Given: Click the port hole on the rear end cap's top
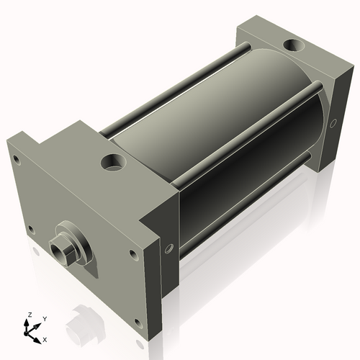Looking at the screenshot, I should tap(294, 47).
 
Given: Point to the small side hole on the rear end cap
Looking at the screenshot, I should tap(333, 123).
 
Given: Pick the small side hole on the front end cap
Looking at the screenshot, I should tap(169, 249).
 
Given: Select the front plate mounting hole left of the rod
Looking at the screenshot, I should tap(30, 230).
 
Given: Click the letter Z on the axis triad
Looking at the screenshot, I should tap(30, 315).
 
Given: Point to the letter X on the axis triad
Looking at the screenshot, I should tap(45, 338).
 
